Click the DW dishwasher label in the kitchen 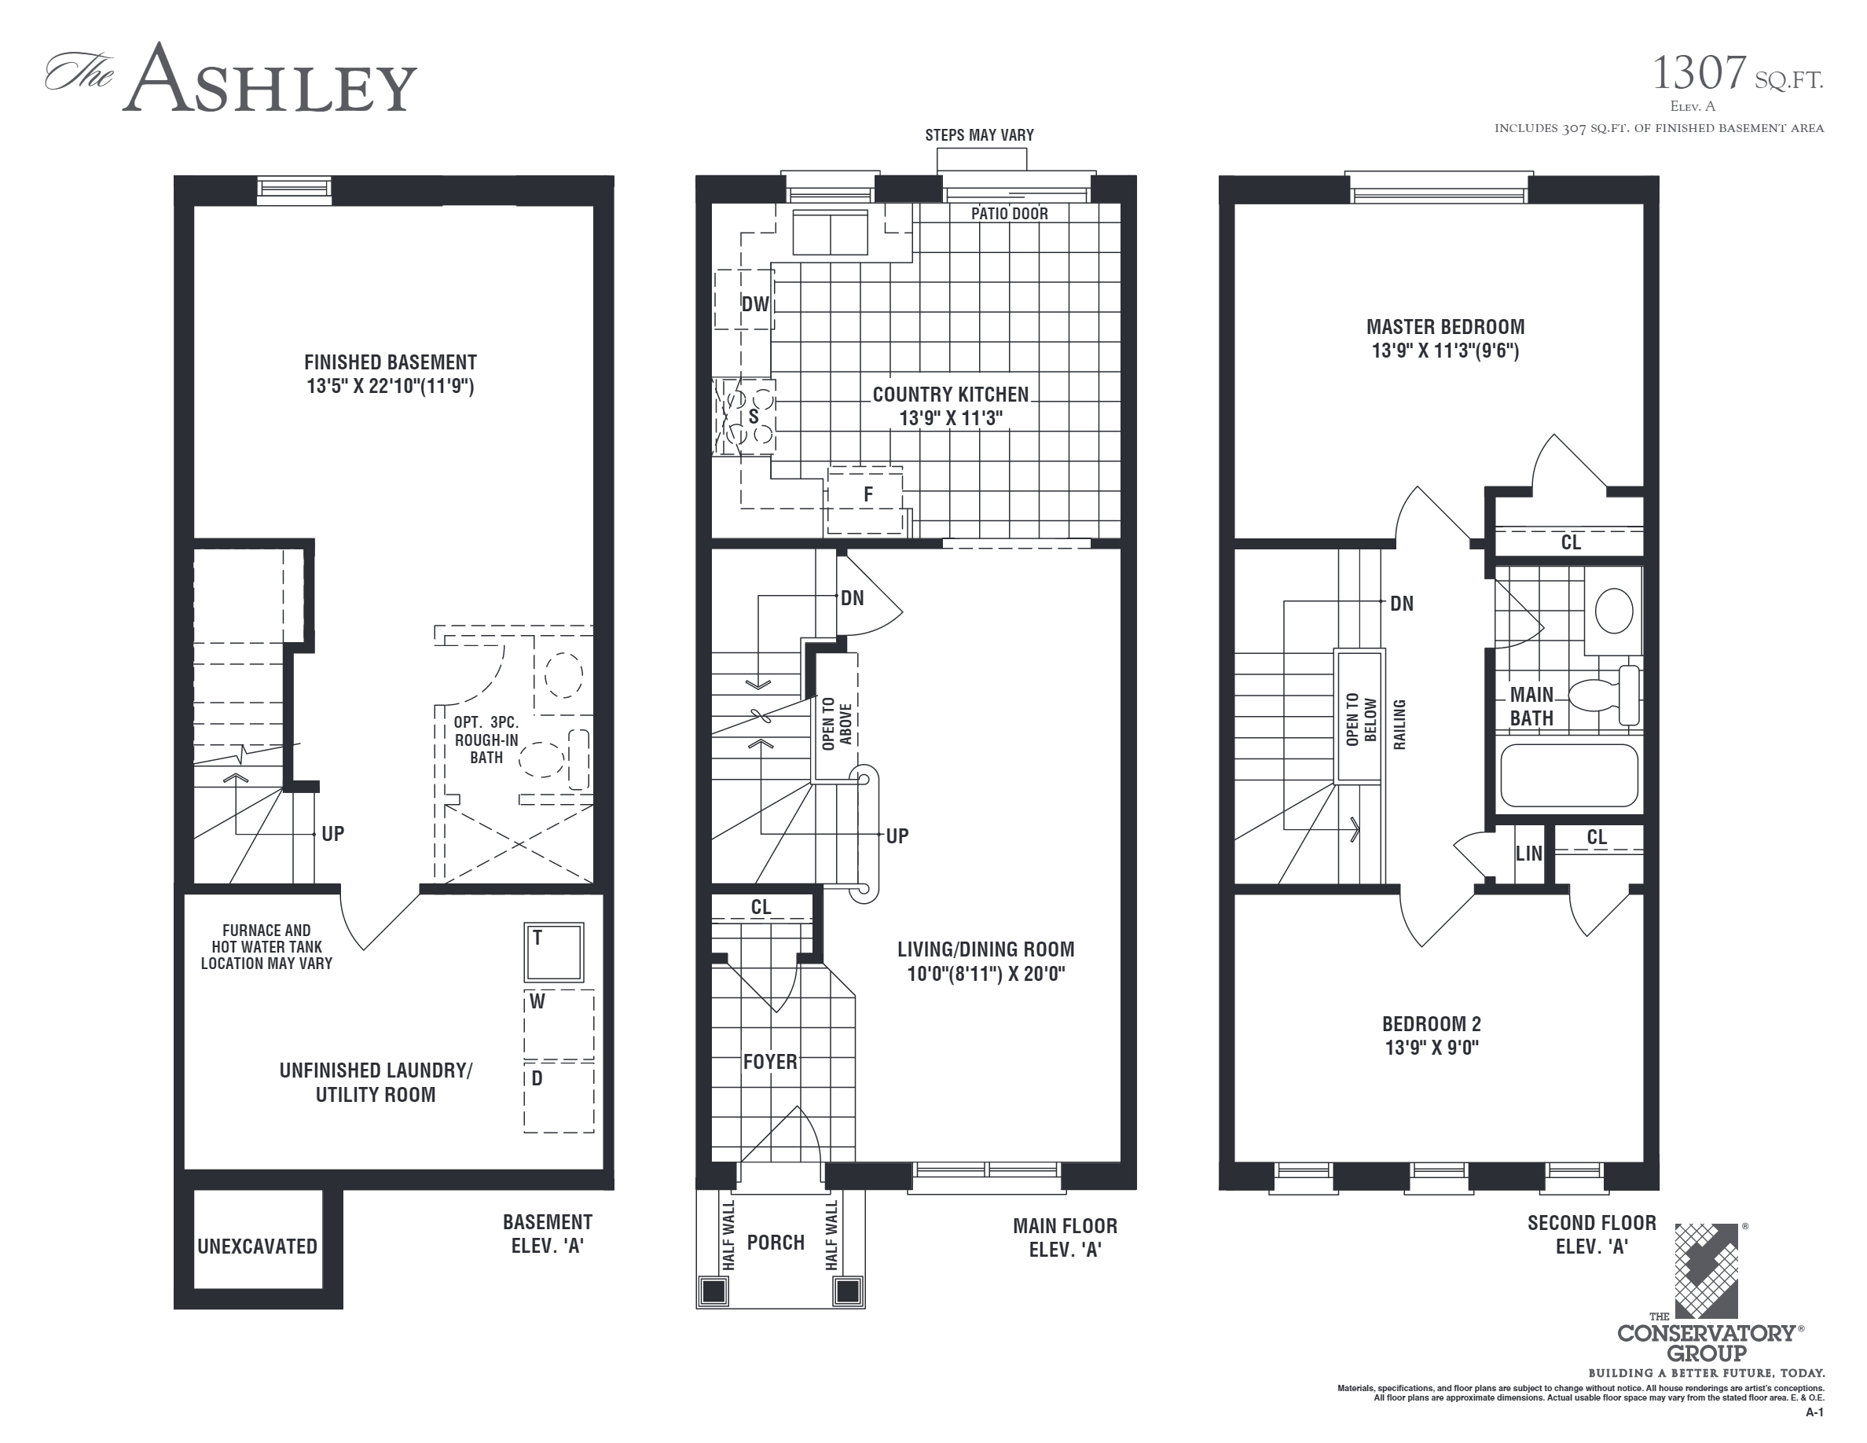click(754, 304)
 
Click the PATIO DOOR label click(1009, 214)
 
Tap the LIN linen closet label click(1528, 854)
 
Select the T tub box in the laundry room click(554, 953)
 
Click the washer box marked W click(558, 1024)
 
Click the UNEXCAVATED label click(257, 1247)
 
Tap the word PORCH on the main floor click(776, 1243)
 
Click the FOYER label click(769, 1062)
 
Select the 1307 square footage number click(1698, 74)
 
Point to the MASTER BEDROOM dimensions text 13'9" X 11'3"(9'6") click(1445, 351)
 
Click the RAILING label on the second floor click(1399, 724)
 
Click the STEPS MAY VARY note click(979, 135)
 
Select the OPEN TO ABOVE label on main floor click(836, 724)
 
